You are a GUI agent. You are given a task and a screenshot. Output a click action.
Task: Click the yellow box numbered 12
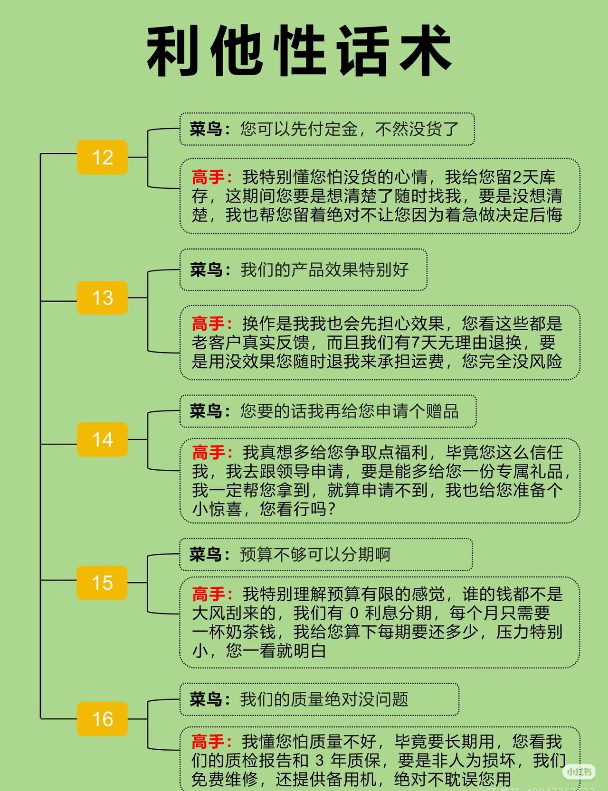102,157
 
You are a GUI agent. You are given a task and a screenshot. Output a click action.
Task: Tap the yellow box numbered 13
102,298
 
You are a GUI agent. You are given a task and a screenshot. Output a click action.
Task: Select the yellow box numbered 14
102,439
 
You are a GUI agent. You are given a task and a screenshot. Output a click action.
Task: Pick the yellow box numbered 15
102,582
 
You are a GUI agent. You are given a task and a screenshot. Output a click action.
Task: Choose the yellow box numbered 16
102,718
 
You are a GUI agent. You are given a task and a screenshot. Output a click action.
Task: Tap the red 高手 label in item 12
208,177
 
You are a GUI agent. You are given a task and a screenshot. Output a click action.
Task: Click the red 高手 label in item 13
208,324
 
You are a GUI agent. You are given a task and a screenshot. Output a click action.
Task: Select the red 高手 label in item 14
208,452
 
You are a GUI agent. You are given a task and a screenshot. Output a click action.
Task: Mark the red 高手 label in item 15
208,594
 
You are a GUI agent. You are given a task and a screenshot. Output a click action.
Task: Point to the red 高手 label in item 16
208,741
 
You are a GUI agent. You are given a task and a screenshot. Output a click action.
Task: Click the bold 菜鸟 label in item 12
206,129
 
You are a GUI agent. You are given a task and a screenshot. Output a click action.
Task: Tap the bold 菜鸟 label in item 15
206,554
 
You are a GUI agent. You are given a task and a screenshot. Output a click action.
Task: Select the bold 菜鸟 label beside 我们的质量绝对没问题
206,699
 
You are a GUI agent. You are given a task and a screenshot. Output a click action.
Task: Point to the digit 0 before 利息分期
354,613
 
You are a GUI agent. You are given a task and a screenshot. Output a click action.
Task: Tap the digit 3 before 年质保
320,761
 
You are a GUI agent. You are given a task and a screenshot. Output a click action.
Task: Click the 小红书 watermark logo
579,772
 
